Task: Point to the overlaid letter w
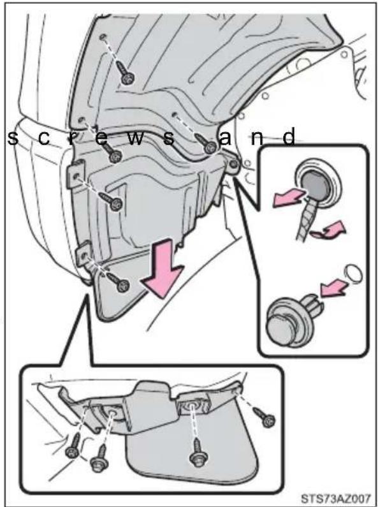point(136,138)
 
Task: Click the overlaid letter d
point(289,136)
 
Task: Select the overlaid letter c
point(43,138)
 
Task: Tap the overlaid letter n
point(257,138)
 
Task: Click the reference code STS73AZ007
point(335,497)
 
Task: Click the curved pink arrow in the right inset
point(329,230)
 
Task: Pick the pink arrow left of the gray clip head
point(289,198)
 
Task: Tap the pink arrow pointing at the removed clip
point(333,288)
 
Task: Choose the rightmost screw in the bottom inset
point(265,417)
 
